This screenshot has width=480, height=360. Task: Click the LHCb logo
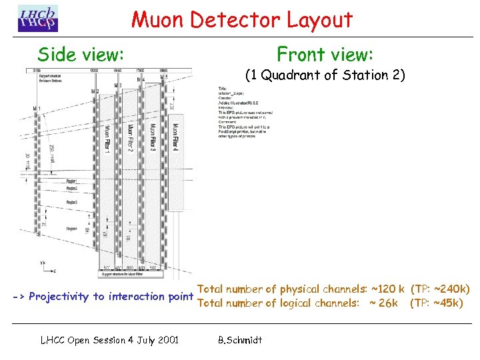[38, 18]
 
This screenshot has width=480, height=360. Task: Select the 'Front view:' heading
[325, 54]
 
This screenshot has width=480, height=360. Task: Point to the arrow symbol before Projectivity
[18, 297]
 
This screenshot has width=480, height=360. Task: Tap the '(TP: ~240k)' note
[441, 289]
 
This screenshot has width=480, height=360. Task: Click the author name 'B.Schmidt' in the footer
[240, 340]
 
